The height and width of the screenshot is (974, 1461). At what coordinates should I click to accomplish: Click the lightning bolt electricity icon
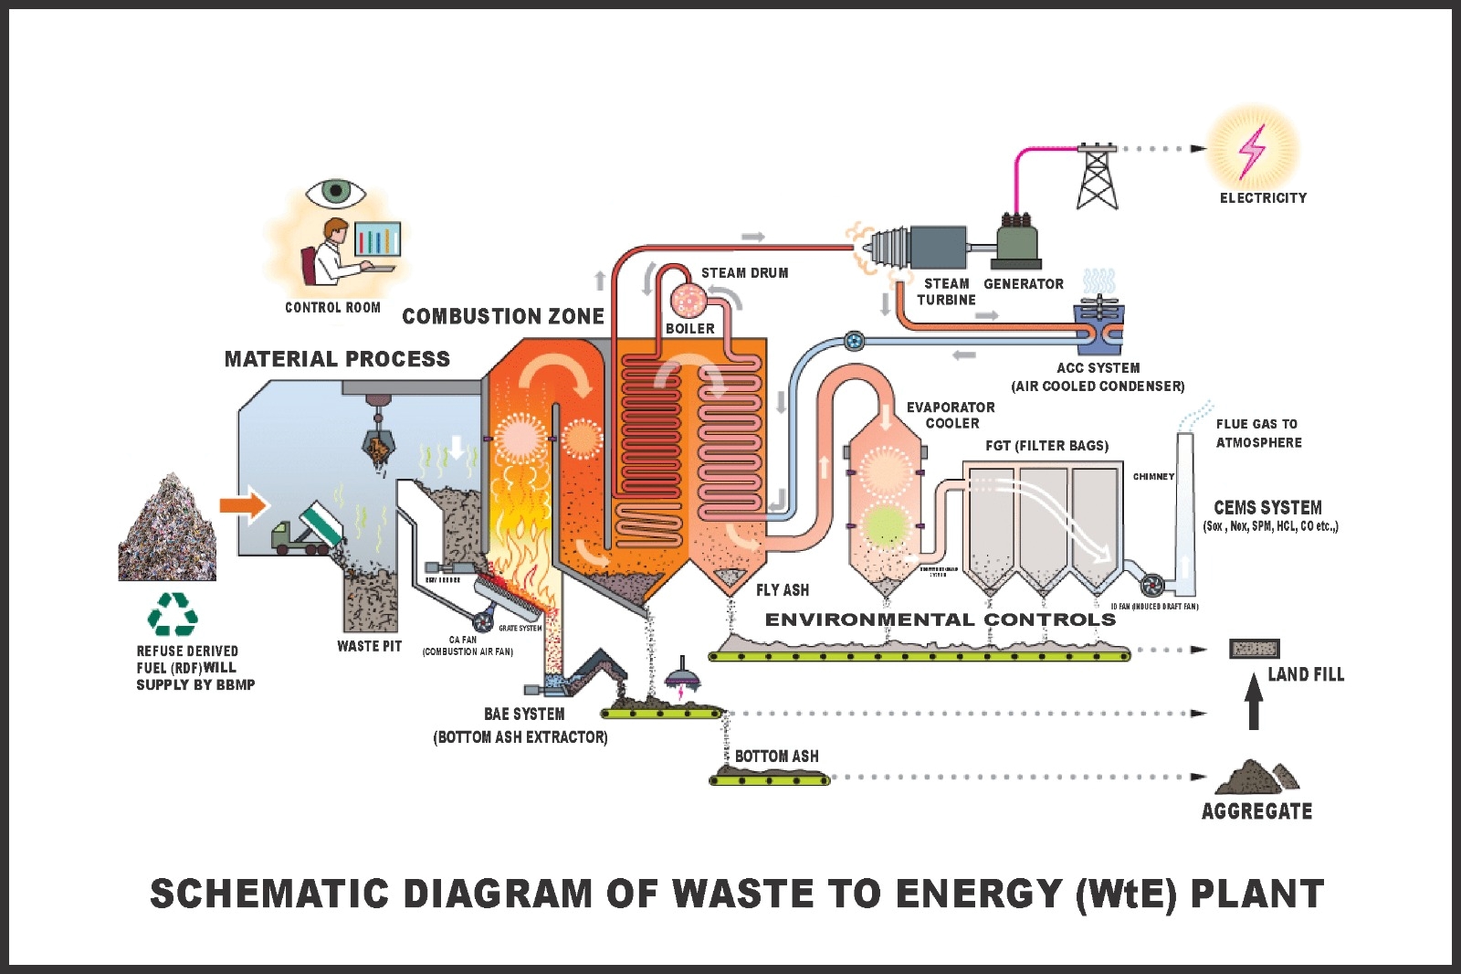[1252, 151]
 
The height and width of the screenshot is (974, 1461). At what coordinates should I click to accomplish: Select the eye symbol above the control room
[336, 192]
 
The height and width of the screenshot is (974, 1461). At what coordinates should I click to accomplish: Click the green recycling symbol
[173, 614]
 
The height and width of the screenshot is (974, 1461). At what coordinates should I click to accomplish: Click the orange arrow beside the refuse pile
[243, 505]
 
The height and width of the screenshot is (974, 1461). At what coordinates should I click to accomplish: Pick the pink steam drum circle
[688, 299]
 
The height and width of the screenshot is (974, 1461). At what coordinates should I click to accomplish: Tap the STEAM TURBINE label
[946, 291]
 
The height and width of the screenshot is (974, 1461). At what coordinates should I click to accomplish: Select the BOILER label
[689, 328]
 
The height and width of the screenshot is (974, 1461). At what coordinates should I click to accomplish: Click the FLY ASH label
[782, 590]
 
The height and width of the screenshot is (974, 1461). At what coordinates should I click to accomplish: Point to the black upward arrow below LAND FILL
[1254, 702]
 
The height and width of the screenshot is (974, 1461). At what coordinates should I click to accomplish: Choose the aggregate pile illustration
[1256, 777]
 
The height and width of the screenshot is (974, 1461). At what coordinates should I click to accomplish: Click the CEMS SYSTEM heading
[1267, 507]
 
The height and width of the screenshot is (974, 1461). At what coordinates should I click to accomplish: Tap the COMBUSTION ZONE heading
[503, 316]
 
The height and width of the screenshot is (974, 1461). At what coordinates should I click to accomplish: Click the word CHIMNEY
[1153, 476]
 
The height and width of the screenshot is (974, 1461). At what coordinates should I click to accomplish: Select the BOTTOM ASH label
[776, 756]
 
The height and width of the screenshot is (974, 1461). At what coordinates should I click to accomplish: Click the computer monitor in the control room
[377, 239]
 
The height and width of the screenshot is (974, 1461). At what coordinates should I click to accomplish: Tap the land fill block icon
[1254, 649]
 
